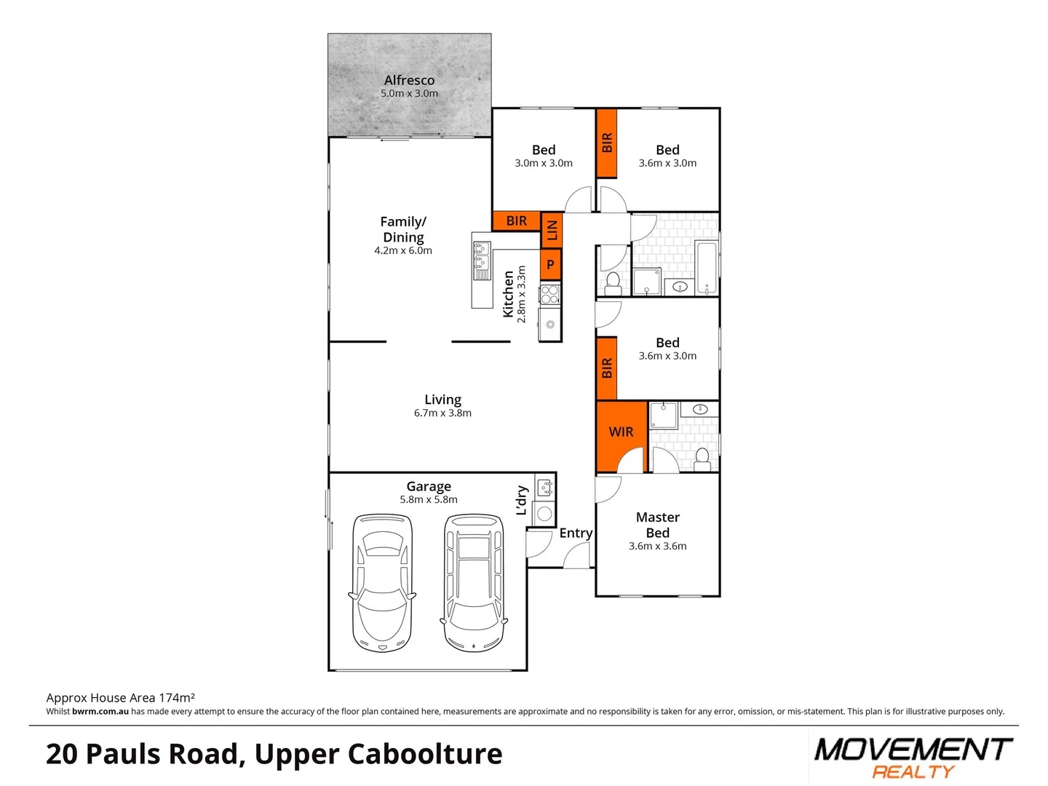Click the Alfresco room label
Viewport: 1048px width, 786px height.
click(409, 81)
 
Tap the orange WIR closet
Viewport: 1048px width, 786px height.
click(621, 432)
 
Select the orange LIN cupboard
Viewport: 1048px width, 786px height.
click(552, 230)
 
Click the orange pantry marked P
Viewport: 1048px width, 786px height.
click(550, 265)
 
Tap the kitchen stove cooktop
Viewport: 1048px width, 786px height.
click(550, 294)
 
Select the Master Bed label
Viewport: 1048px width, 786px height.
click(657, 525)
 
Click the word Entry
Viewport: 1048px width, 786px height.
click(576, 533)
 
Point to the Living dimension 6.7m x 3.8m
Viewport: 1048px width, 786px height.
click(442, 413)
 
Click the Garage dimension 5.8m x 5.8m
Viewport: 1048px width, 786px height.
click(429, 500)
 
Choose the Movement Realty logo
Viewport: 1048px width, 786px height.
click(913, 758)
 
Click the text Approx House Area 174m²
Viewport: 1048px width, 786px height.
click(121, 698)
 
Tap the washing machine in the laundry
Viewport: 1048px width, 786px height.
click(544, 514)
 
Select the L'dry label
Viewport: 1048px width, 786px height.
click(522, 500)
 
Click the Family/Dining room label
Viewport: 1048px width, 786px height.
click(403, 229)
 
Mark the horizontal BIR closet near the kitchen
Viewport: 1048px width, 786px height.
click(516, 221)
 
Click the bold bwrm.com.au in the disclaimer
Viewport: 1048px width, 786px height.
click(100, 712)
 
